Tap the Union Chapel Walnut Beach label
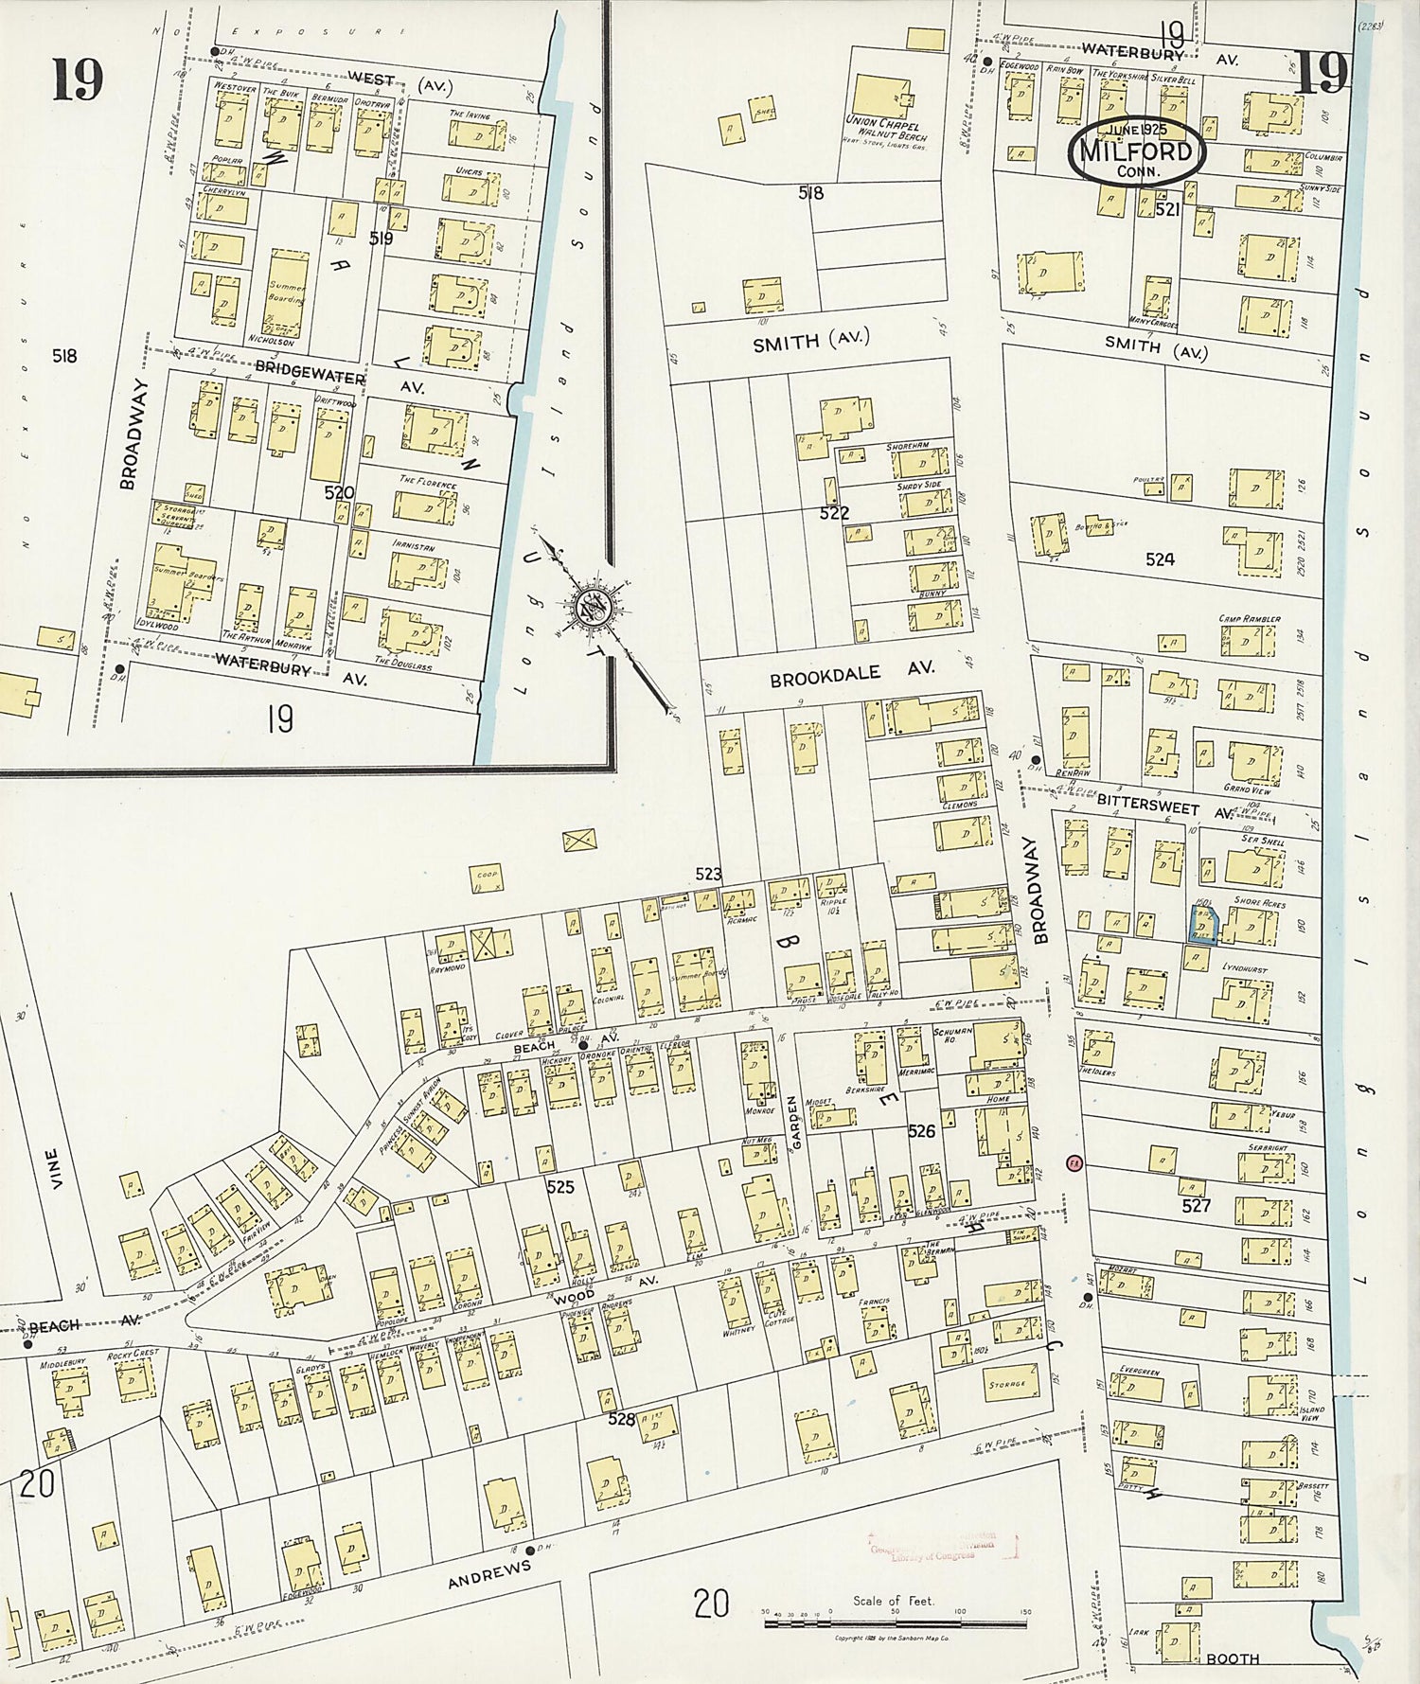(x=885, y=129)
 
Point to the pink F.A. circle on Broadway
(x=1074, y=1162)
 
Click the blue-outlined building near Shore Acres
(x=1202, y=924)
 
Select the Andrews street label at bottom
(x=488, y=1575)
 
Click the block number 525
(x=560, y=1186)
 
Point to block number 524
(x=1160, y=559)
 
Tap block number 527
(x=1197, y=1206)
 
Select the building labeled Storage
(x=1006, y=1384)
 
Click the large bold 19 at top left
(x=78, y=80)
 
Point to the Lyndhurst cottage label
(x=1244, y=969)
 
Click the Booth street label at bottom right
(x=1233, y=1658)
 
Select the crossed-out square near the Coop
(x=580, y=840)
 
